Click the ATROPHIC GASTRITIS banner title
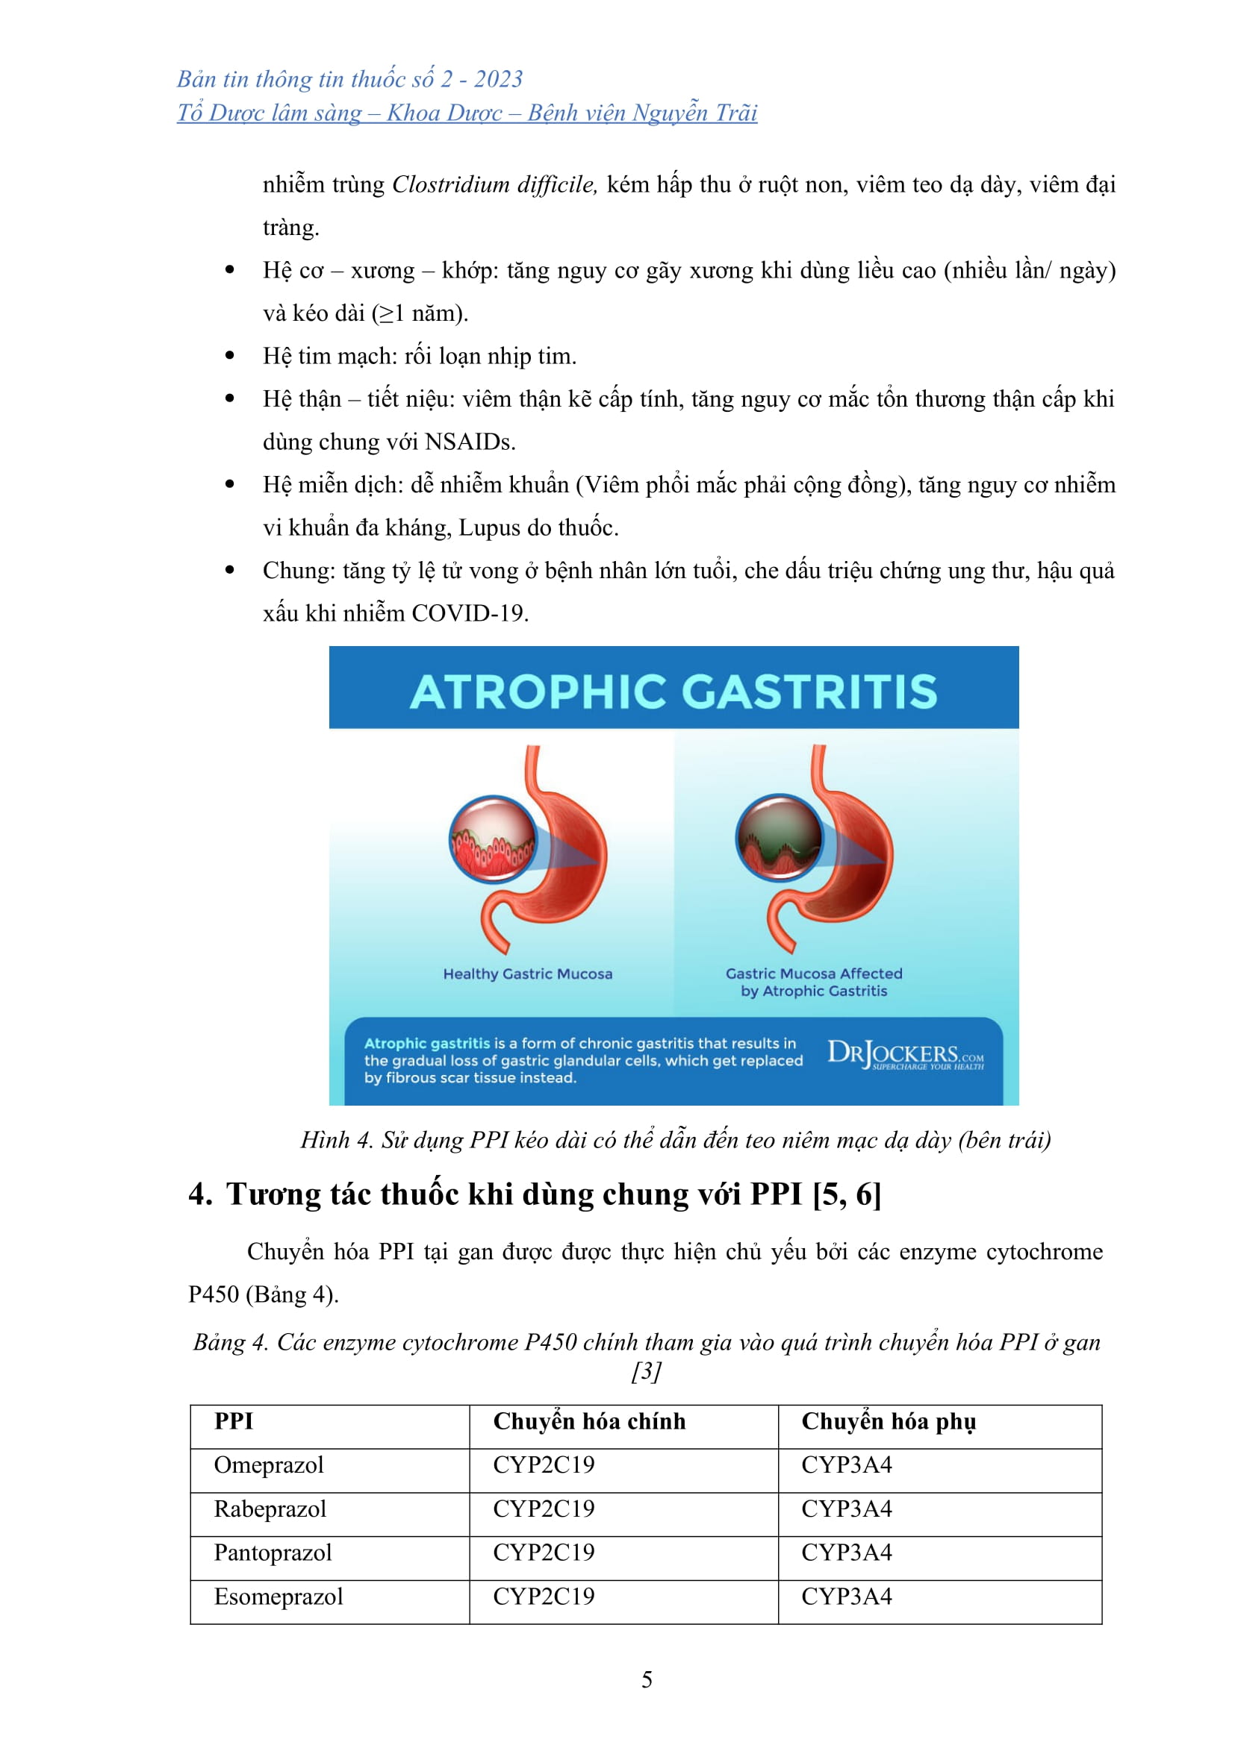click(x=673, y=692)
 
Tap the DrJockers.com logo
click(x=904, y=1055)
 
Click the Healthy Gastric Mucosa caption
click(x=527, y=974)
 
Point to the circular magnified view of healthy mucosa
click(x=493, y=839)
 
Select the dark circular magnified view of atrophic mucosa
click(x=779, y=838)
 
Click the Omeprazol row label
click(x=269, y=1465)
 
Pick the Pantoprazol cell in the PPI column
click(x=273, y=1553)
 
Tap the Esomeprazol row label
click(x=279, y=1597)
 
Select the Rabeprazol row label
click(x=270, y=1509)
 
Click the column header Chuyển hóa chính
click(x=588, y=1422)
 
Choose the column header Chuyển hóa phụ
click(x=889, y=1422)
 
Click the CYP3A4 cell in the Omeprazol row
click(x=847, y=1465)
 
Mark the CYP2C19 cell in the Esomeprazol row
click(x=543, y=1597)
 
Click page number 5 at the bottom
click(x=647, y=1679)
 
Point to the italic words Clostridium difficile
click(x=494, y=185)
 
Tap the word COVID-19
click(x=469, y=613)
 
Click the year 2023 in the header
click(x=498, y=79)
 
